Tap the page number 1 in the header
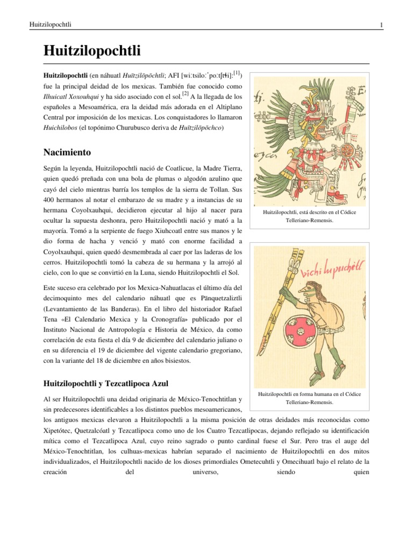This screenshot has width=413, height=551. point(381,25)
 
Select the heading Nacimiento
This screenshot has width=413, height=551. point(67,152)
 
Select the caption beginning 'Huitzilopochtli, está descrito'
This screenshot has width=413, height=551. point(309,216)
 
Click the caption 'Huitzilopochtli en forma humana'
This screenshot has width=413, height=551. point(309,398)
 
